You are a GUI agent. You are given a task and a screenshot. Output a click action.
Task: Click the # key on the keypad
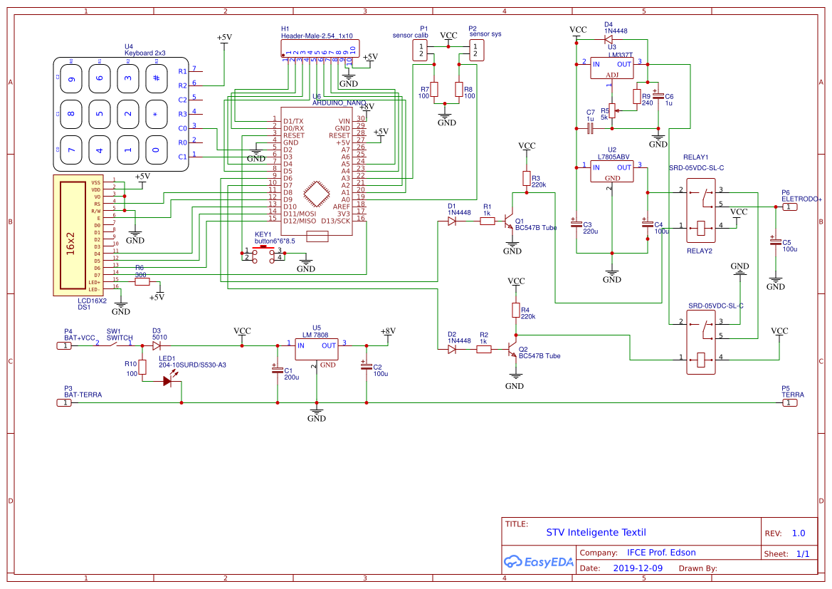156,78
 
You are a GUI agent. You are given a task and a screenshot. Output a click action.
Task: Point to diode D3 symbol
157,345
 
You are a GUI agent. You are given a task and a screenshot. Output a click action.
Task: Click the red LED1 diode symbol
168,381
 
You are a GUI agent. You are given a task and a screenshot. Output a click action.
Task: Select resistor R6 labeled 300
142,281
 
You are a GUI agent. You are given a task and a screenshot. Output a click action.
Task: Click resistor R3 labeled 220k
527,178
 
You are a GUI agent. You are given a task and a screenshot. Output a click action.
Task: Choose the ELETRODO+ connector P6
790,207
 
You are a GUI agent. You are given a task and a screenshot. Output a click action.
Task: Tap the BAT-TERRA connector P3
64,402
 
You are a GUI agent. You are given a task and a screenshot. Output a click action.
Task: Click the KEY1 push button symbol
264,254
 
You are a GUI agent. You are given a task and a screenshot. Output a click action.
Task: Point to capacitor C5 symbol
776,241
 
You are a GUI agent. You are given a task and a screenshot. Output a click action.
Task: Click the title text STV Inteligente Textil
596,532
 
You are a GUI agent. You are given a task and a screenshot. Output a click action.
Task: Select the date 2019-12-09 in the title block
637,568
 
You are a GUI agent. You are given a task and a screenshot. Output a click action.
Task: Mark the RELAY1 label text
695,157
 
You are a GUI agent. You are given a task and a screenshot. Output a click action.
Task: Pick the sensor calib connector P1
421,50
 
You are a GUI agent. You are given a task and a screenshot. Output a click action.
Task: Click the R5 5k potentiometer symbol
612,111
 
